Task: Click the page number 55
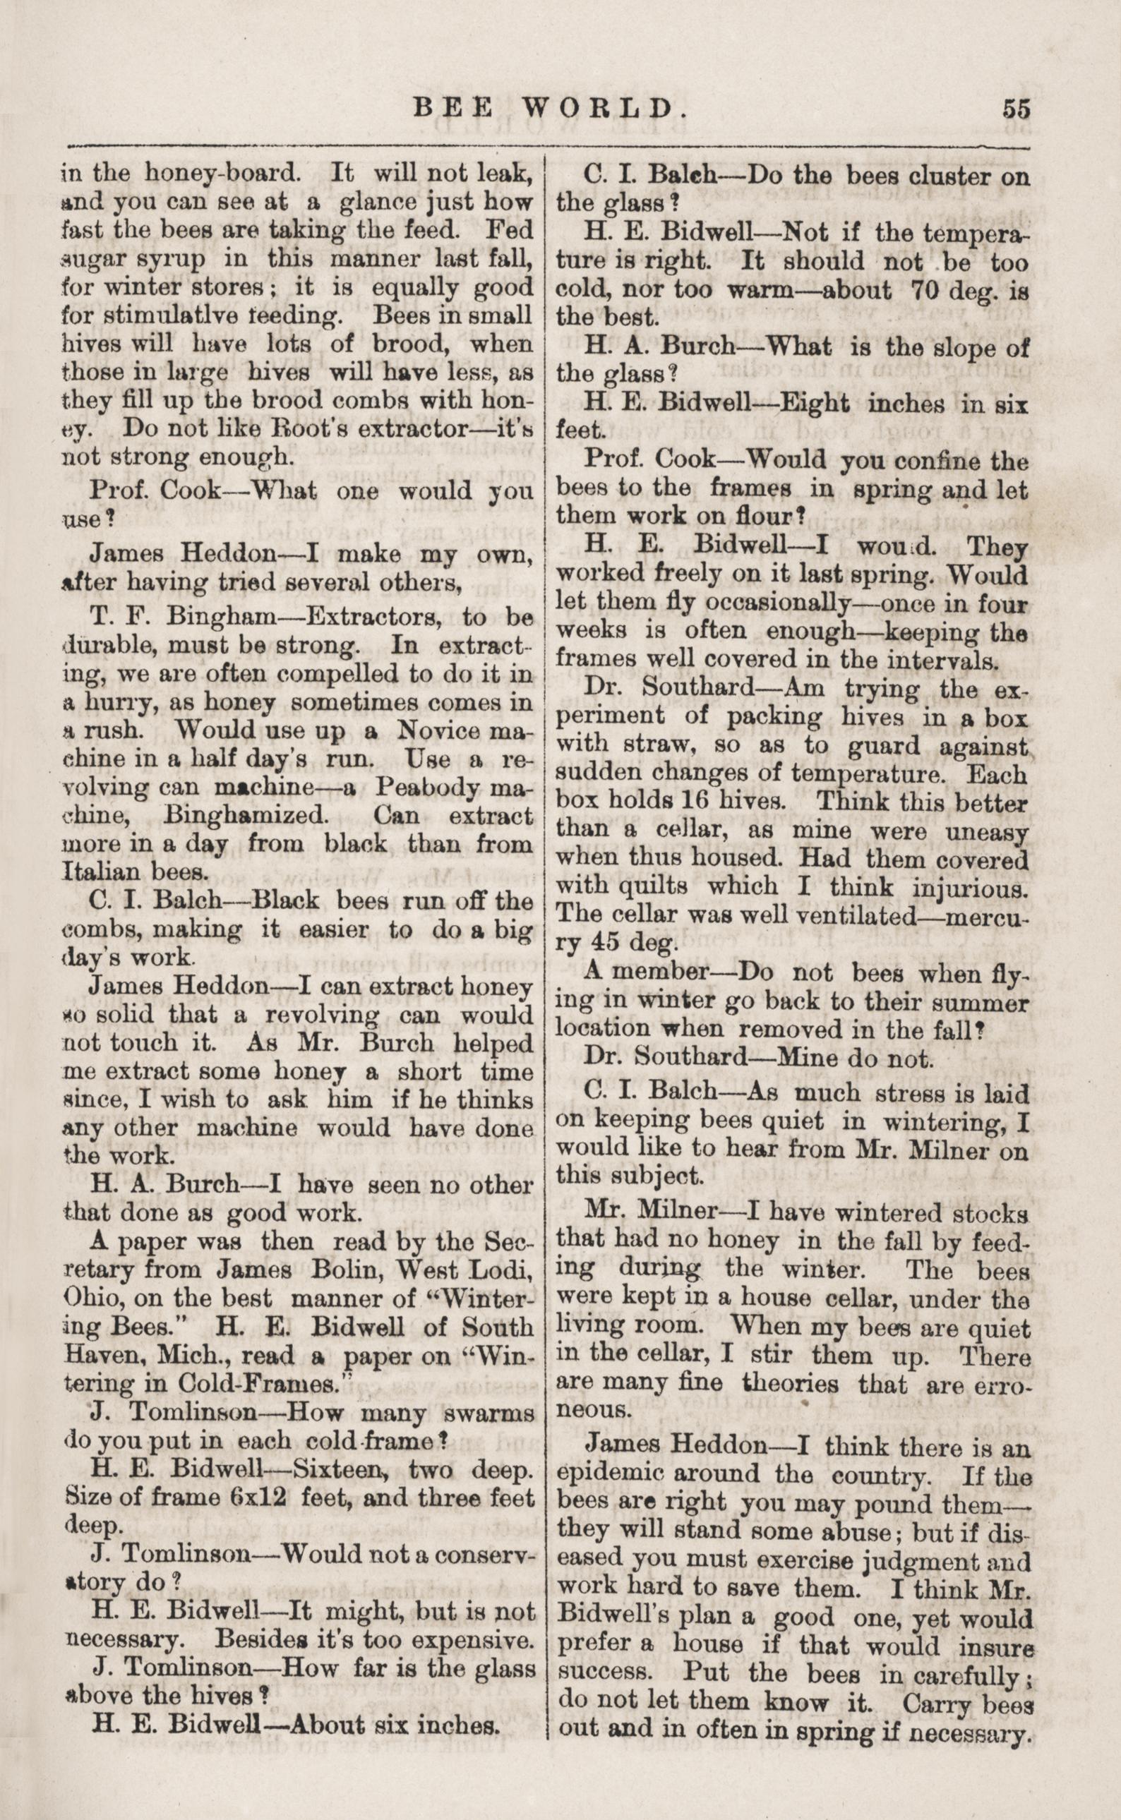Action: coord(1016,109)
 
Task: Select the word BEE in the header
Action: coord(453,109)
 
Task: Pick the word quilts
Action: coord(656,886)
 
